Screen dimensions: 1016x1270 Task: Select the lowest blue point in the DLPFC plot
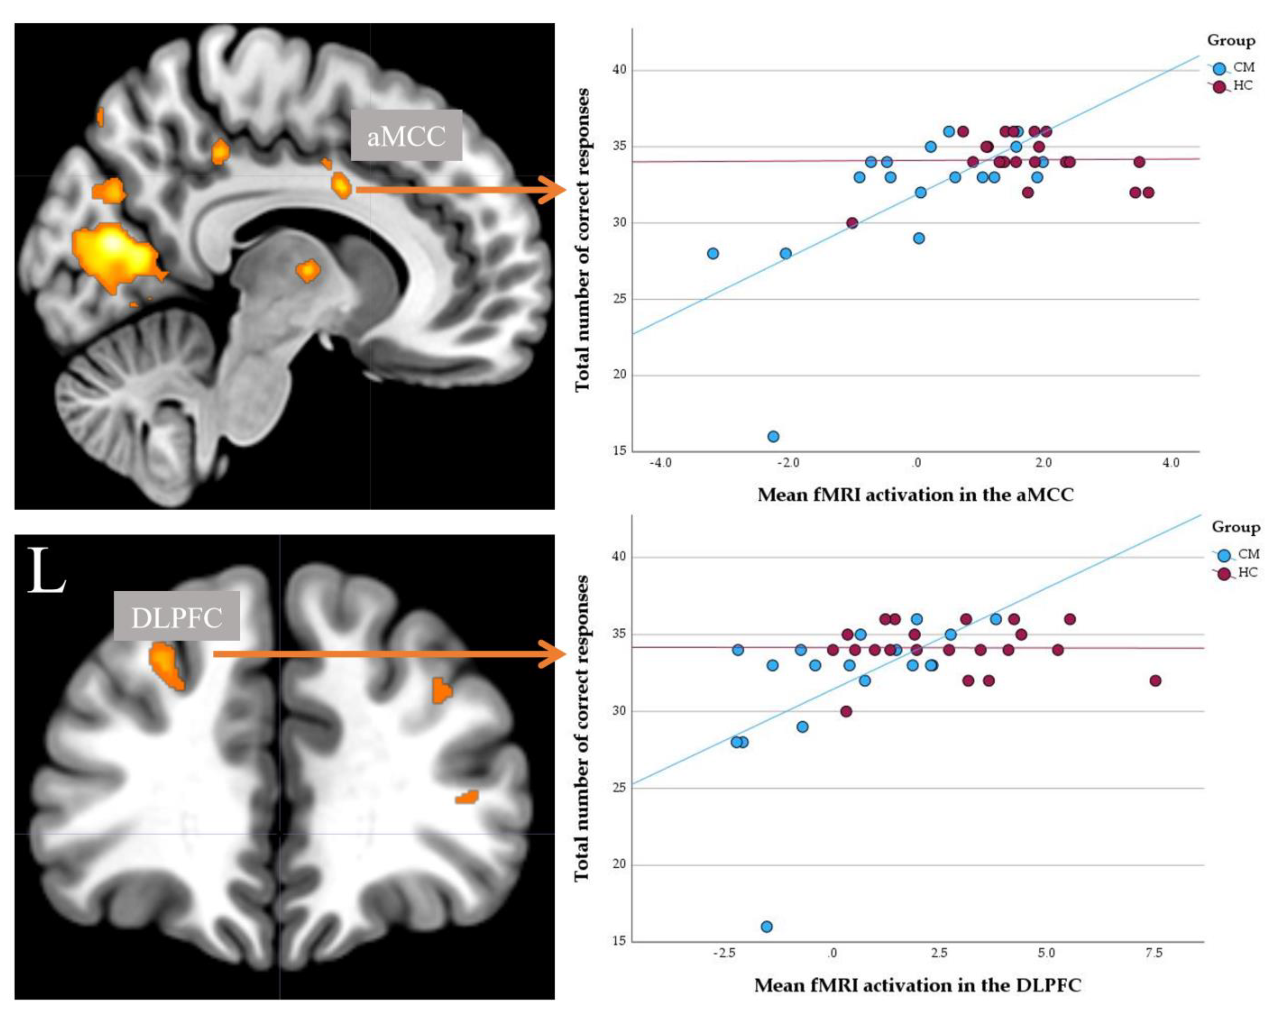coord(766,926)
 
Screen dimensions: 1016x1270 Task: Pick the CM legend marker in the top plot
coord(1219,68)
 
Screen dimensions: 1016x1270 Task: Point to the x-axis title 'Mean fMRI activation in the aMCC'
coord(915,495)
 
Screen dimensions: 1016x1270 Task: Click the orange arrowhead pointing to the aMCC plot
coord(554,190)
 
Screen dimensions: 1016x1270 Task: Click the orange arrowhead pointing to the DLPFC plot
coord(554,654)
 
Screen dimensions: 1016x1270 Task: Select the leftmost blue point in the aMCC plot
coord(713,253)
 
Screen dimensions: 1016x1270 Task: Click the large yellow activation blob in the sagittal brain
coord(115,253)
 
